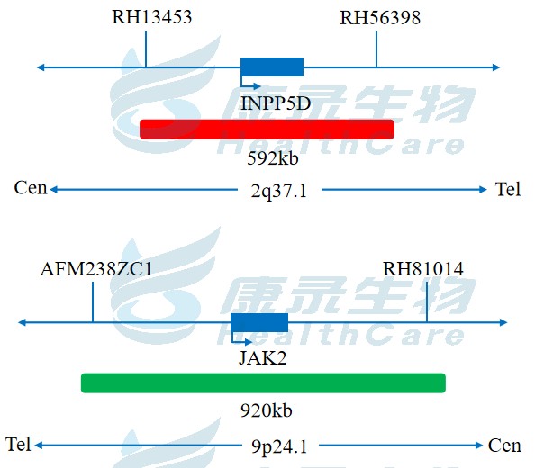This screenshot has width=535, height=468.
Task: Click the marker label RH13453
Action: coord(152,17)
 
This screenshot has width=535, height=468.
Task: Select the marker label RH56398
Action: coord(380,18)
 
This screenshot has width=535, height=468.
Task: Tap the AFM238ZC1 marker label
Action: coord(96,269)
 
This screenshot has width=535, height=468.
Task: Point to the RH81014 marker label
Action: coord(423,269)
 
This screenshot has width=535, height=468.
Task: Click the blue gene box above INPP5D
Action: coord(272,67)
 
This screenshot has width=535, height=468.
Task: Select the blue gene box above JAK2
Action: coord(259,322)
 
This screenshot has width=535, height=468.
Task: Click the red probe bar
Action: coord(267,130)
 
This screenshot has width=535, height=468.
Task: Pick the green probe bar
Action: coord(263,383)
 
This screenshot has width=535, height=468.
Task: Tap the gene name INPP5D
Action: coord(276,103)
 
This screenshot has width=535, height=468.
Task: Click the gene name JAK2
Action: coord(263,358)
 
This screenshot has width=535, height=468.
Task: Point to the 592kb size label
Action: coord(273,158)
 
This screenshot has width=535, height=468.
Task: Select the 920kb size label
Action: coord(267,410)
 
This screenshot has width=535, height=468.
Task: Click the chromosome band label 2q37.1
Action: coord(279,191)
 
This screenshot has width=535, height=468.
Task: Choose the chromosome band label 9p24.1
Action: coord(279,446)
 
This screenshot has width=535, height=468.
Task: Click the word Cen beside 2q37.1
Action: coord(31,188)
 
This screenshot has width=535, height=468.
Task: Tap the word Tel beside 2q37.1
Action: coord(508,189)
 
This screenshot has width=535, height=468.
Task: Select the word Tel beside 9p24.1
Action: coord(18,445)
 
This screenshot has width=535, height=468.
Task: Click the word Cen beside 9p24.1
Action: coord(504,445)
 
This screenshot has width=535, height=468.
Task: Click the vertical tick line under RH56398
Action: coord(376,49)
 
